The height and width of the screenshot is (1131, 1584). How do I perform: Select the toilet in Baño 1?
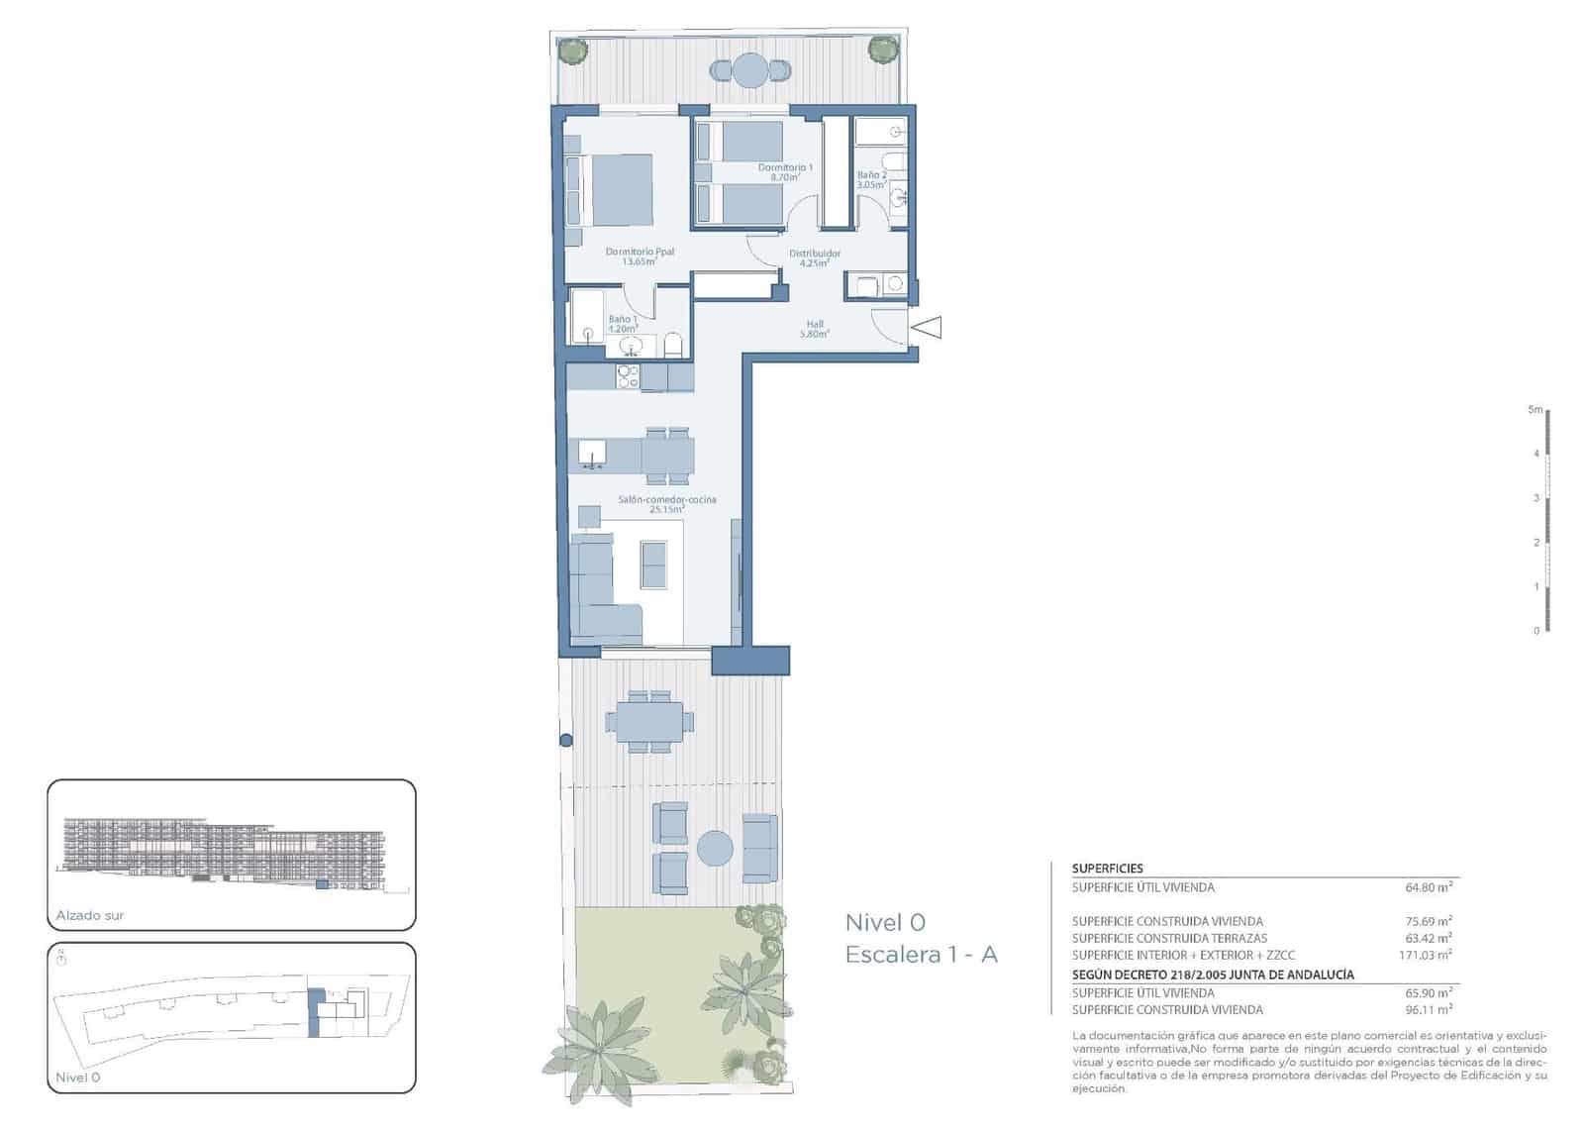click(x=674, y=346)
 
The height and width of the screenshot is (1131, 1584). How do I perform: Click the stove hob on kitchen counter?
click(x=628, y=377)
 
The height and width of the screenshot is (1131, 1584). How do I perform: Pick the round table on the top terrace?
click(x=750, y=70)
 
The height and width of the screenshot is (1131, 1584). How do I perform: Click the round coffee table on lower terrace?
click(x=715, y=849)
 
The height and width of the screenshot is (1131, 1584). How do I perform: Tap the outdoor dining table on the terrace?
click(x=648, y=721)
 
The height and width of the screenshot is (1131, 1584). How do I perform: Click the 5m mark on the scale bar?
click(x=1535, y=409)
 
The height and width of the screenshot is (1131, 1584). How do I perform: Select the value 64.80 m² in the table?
click(x=1428, y=887)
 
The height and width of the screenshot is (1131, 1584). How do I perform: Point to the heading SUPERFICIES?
click(x=1107, y=869)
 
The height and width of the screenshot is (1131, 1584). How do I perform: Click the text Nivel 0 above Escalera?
click(x=884, y=922)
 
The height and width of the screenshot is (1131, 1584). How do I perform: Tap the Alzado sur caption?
click(x=90, y=915)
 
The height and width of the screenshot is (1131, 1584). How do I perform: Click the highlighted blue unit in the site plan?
click(x=315, y=1012)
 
